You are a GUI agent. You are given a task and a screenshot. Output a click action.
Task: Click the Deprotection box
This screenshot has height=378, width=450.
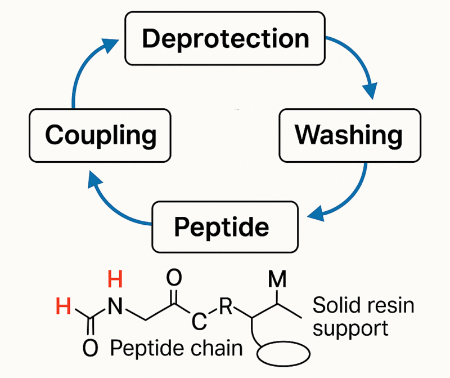pyautogui.click(x=225, y=39)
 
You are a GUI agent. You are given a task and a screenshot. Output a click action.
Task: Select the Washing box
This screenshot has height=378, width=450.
pyautogui.click(x=349, y=135)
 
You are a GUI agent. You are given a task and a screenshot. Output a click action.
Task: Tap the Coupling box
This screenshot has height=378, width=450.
pyautogui.click(x=101, y=135)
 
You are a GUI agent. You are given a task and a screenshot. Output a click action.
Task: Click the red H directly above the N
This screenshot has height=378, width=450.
pyautogui.click(x=115, y=280)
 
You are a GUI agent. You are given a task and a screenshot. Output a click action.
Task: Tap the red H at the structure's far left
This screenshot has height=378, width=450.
pyautogui.click(x=64, y=307)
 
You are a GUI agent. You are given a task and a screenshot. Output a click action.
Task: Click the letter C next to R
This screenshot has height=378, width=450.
pyautogui.click(x=198, y=323)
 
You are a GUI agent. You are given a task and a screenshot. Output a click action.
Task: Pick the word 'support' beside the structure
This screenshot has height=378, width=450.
pyautogui.click(x=350, y=328)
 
